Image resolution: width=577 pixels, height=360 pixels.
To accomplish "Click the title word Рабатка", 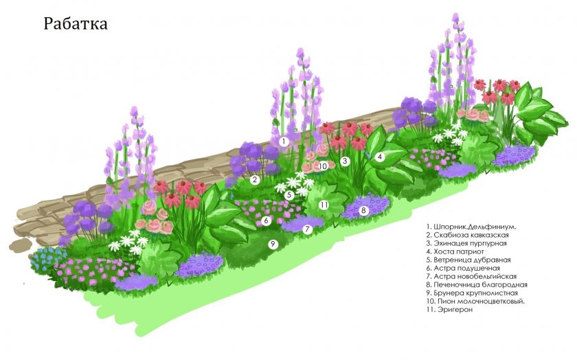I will (76, 23).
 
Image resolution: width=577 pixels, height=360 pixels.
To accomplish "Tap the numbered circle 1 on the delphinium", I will (283, 142).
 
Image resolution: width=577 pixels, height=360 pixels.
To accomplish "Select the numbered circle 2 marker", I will (254, 180).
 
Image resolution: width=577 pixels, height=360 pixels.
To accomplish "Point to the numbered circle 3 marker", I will (346, 161).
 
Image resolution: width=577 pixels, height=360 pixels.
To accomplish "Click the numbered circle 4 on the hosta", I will (379, 157).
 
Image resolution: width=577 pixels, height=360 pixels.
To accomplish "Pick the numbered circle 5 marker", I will (290, 195).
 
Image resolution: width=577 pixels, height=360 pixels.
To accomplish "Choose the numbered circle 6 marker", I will (266, 221).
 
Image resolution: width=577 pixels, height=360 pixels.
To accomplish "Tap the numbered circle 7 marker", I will (308, 229).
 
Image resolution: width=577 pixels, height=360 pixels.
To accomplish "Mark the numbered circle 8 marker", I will (364, 210).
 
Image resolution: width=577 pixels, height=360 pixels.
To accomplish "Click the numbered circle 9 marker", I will (272, 244).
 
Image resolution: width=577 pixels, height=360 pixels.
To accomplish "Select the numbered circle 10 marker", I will (323, 166).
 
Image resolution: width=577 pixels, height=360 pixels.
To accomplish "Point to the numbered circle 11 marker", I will (324, 205).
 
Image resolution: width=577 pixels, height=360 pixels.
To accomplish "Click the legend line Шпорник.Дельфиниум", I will (471, 227).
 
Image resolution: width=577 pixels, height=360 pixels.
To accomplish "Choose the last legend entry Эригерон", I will (450, 310).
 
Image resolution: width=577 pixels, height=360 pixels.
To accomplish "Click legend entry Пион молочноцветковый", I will (476, 302).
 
